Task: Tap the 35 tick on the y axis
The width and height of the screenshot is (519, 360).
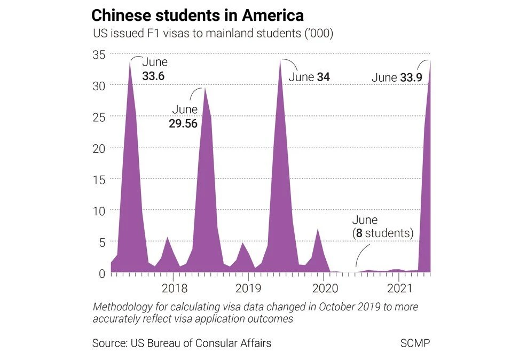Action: (99, 54)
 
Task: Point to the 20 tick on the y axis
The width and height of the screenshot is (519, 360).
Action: (99, 148)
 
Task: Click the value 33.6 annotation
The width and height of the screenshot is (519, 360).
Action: (153, 76)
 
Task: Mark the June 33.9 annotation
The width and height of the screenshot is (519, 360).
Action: (397, 78)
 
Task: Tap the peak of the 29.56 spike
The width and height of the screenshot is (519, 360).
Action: (205, 88)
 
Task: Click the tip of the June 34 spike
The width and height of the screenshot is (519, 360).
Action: (280, 60)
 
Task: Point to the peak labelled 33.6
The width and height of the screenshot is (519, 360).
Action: (130, 61)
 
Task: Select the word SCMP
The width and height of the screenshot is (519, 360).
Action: (415, 343)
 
